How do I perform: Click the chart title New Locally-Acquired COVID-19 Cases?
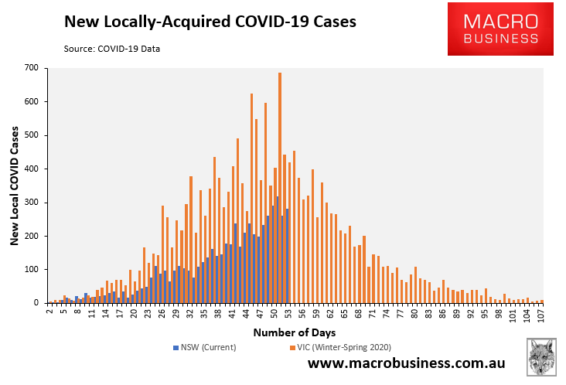(210, 22)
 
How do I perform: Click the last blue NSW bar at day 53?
(287, 255)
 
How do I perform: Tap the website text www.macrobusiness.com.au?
(407, 363)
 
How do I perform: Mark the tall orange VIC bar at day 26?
(162, 254)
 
